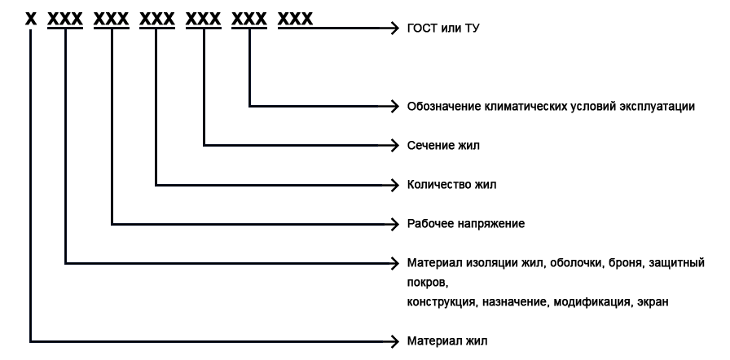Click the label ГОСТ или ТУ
click(443, 29)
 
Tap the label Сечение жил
click(443, 146)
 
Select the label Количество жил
click(451, 185)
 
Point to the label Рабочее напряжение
click(466, 224)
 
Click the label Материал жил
click(447, 341)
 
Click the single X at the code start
click(31, 19)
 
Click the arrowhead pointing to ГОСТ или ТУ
click(394, 28)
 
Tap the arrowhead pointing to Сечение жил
click(394, 146)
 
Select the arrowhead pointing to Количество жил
click(394, 185)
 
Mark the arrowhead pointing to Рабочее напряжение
click(394, 224)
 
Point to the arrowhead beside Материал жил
click(394, 341)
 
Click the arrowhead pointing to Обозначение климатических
click(394, 106)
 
